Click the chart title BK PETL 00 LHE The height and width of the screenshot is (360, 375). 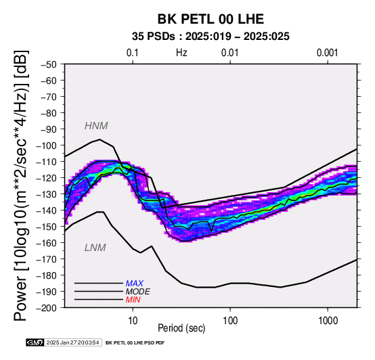click(x=211, y=19)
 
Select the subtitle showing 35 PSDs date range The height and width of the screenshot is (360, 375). click(x=211, y=37)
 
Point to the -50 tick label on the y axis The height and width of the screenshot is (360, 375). click(x=48, y=64)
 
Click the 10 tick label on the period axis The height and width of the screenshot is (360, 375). click(x=133, y=320)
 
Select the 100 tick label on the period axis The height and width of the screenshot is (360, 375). click(x=230, y=320)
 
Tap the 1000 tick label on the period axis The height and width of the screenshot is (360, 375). click(x=328, y=320)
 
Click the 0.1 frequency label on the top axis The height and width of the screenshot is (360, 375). click(x=133, y=53)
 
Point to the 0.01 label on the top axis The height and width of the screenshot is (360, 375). click(x=230, y=53)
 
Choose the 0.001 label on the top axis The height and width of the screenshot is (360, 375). click(x=327, y=53)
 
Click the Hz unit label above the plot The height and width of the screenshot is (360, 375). click(x=181, y=53)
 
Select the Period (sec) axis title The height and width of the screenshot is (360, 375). click(x=181, y=328)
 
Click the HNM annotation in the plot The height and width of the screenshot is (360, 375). click(x=96, y=126)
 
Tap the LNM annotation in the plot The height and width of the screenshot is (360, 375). click(x=95, y=248)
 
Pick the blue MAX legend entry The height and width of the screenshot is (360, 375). click(x=135, y=284)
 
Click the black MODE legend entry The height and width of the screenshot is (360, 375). click(x=138, y=292)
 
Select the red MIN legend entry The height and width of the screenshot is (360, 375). click(x=133, y=300)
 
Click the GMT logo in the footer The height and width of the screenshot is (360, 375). click(x=35, y=342)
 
